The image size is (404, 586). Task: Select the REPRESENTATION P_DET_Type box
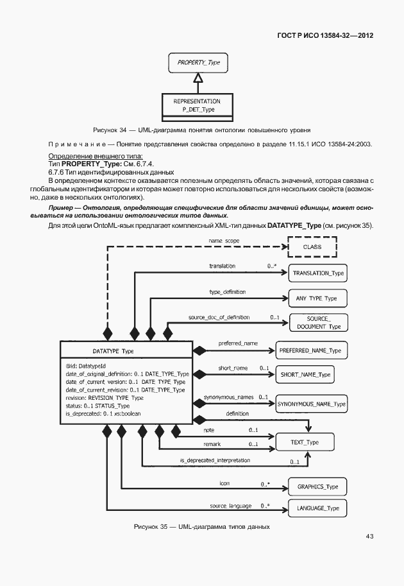(x=198, y=106)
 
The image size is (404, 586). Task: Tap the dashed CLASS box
(x=312, y=246)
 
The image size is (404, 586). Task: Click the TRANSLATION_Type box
(x=318, y=273)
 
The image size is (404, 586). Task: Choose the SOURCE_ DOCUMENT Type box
(x=318, y=323)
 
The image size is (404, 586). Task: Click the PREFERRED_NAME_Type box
(x=311, y=351)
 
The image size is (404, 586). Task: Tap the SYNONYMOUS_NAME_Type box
(x=311, y=404)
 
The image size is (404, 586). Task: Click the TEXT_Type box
(x=304, y=443)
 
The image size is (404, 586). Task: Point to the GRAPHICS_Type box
(x=317, y=487)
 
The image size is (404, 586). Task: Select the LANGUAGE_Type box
(x=317, y=508)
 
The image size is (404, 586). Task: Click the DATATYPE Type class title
(x=114, y=351)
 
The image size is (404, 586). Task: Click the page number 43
(x=369, y=535)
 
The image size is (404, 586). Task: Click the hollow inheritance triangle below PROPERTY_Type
(x=199, y=78)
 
